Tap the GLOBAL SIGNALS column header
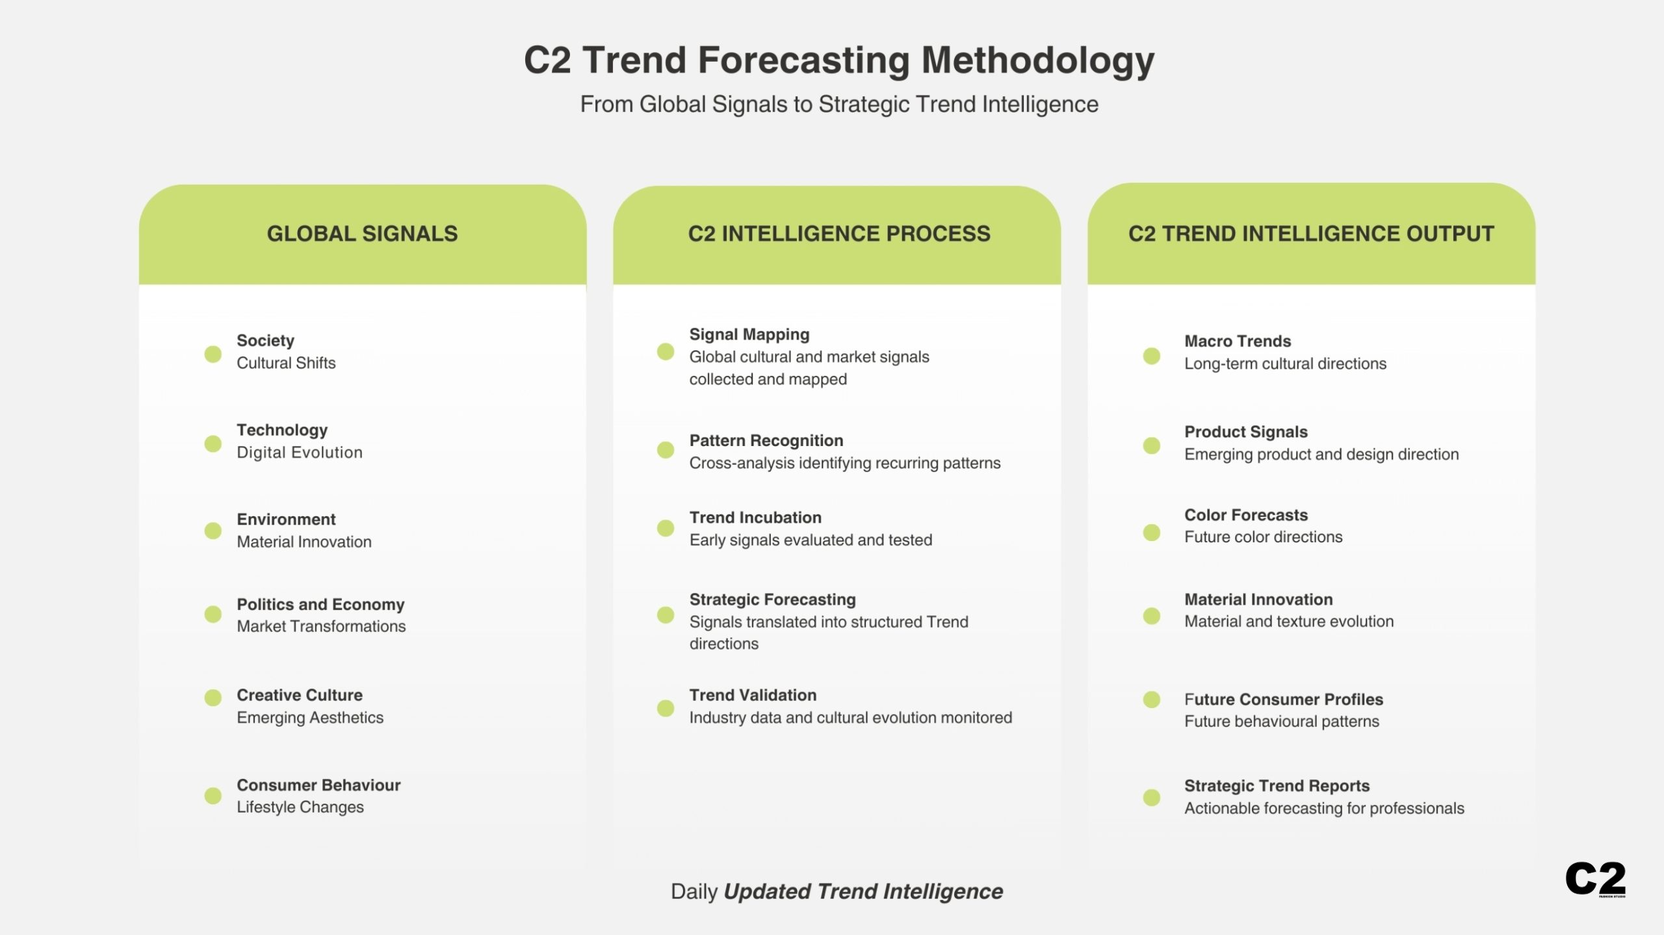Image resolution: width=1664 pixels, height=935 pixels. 362,233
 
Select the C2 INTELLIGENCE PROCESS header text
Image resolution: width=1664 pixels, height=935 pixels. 838,233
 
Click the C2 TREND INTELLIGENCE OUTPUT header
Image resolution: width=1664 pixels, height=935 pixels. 1310,233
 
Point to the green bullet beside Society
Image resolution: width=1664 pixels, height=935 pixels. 213,354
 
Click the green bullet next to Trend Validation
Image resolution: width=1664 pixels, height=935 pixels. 665,708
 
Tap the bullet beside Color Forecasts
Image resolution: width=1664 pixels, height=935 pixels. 1151,533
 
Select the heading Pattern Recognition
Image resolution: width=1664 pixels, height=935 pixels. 766,440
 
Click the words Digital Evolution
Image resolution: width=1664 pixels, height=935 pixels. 299,453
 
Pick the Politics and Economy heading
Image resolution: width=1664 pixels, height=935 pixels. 320,604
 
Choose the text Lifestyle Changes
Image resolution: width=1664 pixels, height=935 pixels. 300,807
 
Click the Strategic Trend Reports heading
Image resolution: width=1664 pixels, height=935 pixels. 1276,785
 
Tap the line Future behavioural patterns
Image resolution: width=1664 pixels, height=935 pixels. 1281,721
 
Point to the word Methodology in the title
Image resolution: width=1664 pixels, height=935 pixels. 1037,60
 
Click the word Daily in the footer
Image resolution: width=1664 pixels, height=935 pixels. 694,891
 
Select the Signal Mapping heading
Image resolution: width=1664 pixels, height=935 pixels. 749,334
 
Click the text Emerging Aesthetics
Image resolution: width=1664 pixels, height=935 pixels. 309,717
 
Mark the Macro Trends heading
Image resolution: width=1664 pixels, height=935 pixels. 1237,341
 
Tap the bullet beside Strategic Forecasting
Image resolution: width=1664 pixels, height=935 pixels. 665,614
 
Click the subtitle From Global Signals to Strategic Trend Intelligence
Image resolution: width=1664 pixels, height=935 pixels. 838,104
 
